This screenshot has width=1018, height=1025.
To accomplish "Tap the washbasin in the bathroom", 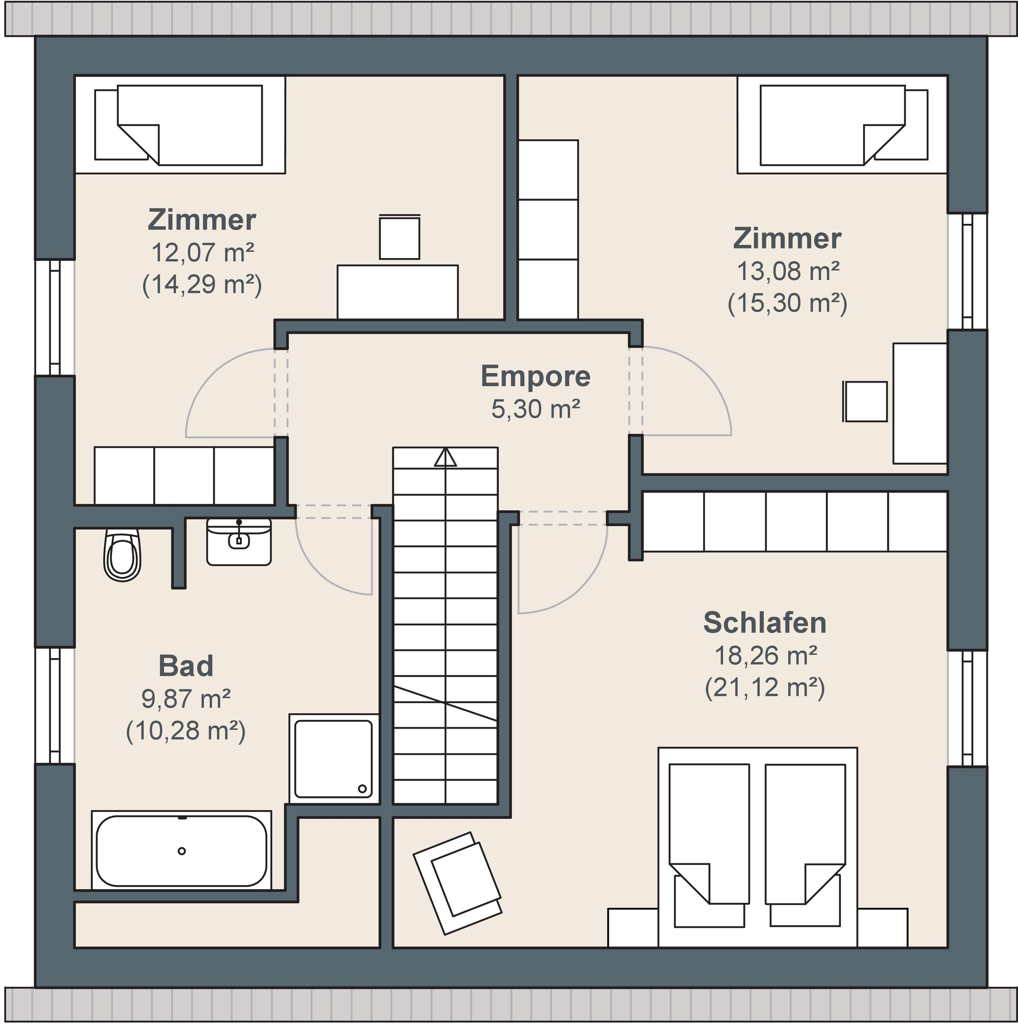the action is click(x=239, y=542).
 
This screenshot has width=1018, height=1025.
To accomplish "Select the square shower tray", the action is click(x=334, y=759).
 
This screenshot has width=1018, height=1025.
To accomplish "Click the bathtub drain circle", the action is click(x=182, y=851).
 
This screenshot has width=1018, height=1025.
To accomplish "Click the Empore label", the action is click(x=535, y=376).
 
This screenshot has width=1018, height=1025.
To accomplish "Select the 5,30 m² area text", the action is click(x=535, y=409).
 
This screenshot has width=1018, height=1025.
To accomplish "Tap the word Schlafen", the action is click(x=765, y=622).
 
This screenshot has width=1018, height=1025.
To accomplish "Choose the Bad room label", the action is click(x=186, y=666).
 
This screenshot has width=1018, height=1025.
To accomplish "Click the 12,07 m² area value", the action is click(x=202, y=253).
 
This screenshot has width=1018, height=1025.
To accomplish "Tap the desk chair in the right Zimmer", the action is click(x=865, y=402).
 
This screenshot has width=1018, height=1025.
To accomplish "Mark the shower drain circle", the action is click(x=363, y=789).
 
